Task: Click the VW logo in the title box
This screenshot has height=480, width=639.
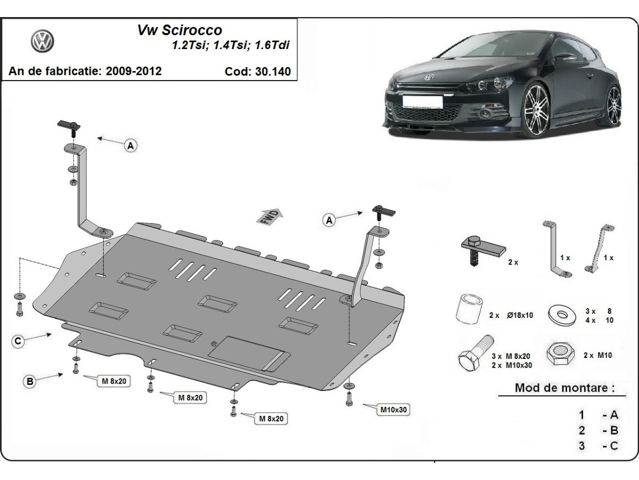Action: point(43,41)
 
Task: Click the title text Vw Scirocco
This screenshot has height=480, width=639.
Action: point(180,30)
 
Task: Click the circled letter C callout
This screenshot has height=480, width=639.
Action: point(18,342)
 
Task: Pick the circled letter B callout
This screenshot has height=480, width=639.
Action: point(30,381)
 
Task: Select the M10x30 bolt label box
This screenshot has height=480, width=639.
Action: point(394,410)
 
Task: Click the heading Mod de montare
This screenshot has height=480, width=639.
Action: point(561,388)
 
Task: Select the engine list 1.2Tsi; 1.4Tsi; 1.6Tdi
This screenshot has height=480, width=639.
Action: point(230,45)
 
